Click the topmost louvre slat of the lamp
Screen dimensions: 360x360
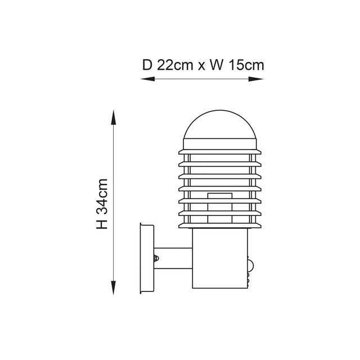point(220,152)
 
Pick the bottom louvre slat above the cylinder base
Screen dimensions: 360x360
point(220,226)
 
